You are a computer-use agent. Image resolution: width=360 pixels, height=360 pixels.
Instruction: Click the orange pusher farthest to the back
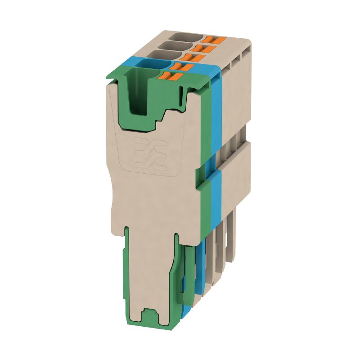211,40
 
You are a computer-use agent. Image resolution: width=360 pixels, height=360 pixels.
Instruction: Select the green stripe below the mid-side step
208,202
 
